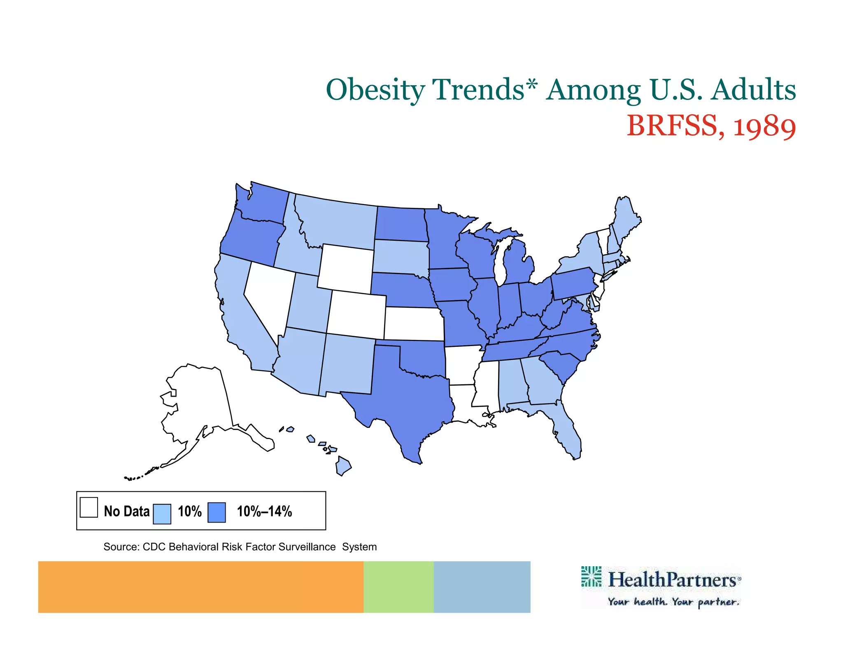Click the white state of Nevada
(x=268, y=296)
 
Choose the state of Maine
(x=626, y=218)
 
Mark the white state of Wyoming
(x=346, y=267)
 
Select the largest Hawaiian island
(x=343, y=466)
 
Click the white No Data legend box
(x=89, y=507)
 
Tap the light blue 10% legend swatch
(x=162, y=514)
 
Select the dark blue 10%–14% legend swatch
(x=217, y=513)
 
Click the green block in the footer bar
(x=398, y=587)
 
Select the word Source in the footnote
(x=121, y=547)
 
